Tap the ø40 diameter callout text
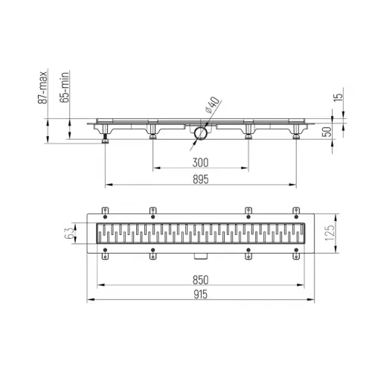click(210, 107)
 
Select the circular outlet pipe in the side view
click(200, 133)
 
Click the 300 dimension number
click(199, 163)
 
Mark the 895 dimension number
click(199, 179)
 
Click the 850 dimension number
click(199, 280)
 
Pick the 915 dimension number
click(199, 295)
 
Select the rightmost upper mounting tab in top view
click(295, 210)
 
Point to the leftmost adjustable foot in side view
click(104, 135)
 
